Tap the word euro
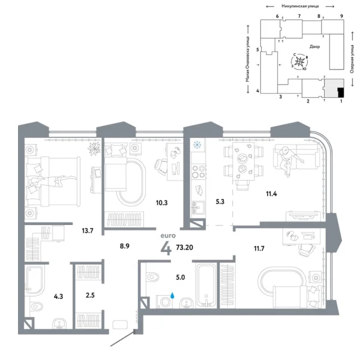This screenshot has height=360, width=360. pyautogui.click(x=166, y=236)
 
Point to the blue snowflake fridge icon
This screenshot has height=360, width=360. pyautogui.click(x=196, y=145)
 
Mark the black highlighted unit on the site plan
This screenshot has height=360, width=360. pyautogui.click(x=340, y=92)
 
